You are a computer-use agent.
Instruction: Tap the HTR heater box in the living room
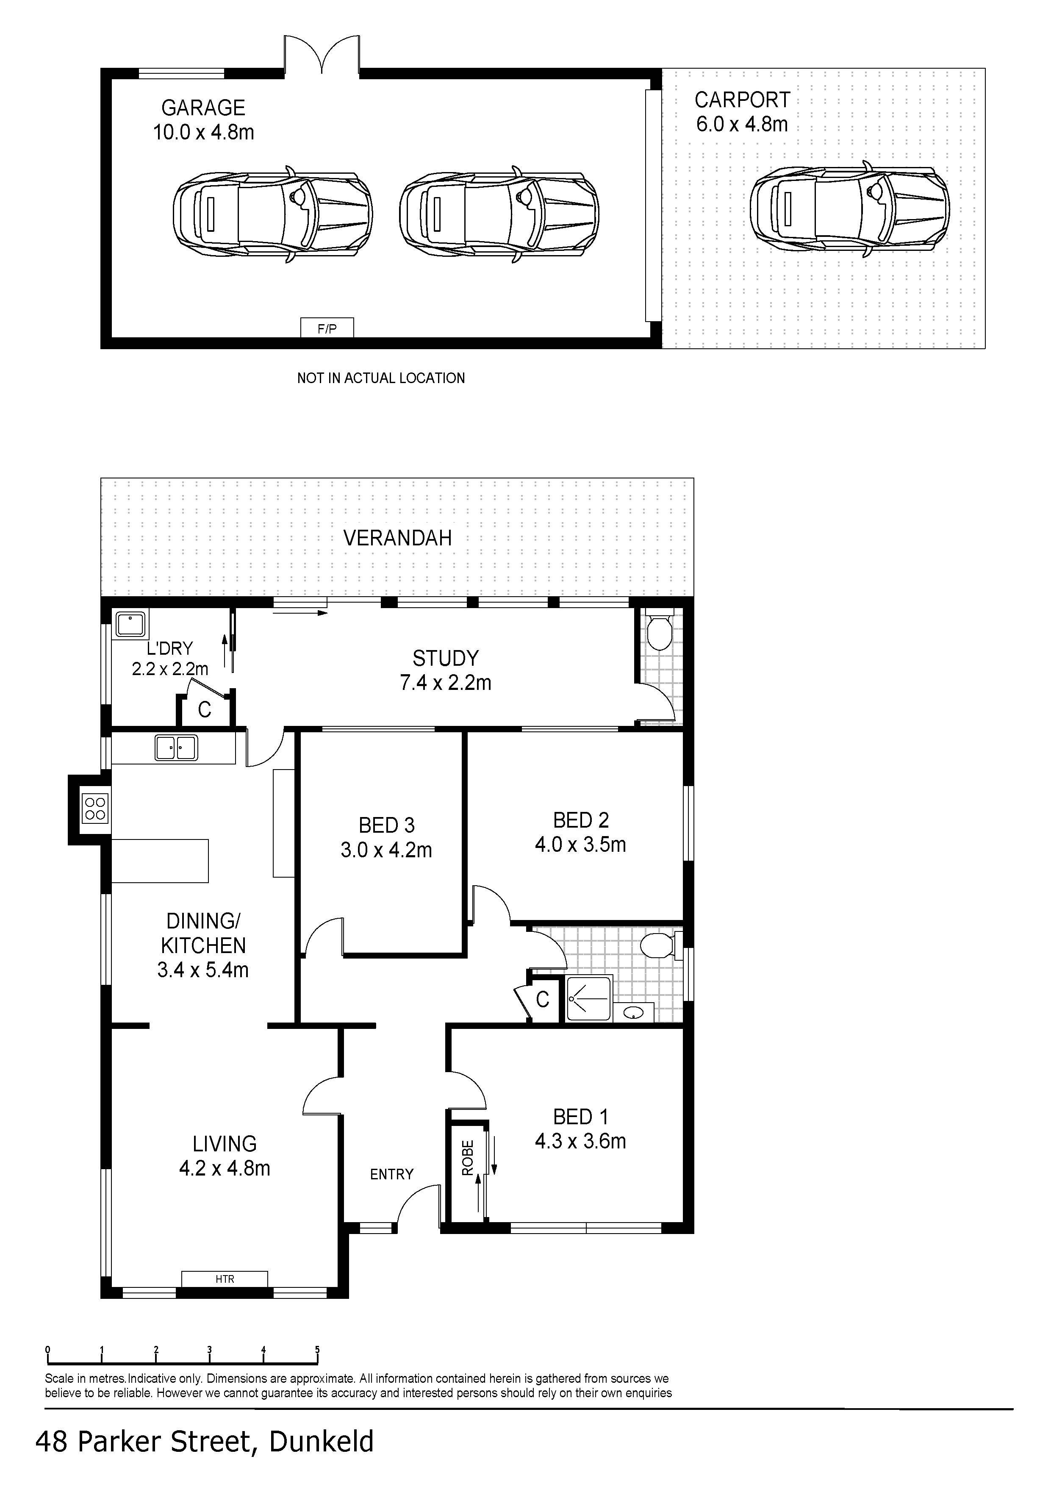click(x=225, y=1279)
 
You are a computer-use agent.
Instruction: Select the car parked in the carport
click(x=849, y=208)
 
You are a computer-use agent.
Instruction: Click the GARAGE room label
click(x=203, y=108)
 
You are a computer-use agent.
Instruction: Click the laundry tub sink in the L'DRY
click(x=130, y=624)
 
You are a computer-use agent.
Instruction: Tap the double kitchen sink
click(x=176, y=748)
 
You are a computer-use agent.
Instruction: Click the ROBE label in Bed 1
click(x=468, y=1157)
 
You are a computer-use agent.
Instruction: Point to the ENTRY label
click(x=392, y=1174)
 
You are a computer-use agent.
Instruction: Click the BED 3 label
click(x=387, y=825)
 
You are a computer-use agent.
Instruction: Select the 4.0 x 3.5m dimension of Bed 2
click(x=580, y=845)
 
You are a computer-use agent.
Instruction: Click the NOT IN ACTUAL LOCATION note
click(x=381, y=378)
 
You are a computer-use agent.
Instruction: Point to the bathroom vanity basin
click(x=633, y=1013)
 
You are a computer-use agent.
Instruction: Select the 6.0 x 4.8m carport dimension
click(x=742, y=124)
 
